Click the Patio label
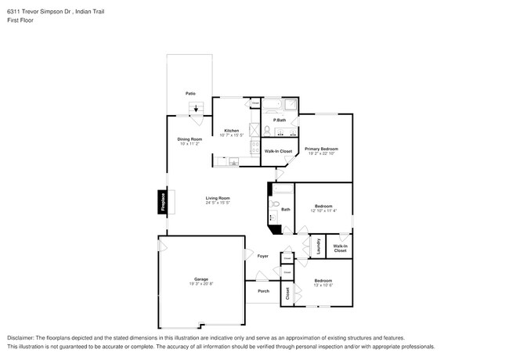[x=190, y=94]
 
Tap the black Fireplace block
[x=163, y=202]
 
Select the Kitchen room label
[x=231, y=130]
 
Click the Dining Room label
[x=190, y=139]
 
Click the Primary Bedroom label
[x=321, y=149]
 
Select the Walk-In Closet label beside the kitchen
[x=278, y=151]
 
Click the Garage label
[x=201, y=279]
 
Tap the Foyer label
[x=263, y=256]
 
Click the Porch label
[x=263, y=291]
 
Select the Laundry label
[x=318, y=247]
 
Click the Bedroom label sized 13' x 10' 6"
[x=323, y=280]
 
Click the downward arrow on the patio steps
[x=196, y=110]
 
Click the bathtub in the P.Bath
[x=271, y=104]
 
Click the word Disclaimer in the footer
[x=24, y=338]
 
